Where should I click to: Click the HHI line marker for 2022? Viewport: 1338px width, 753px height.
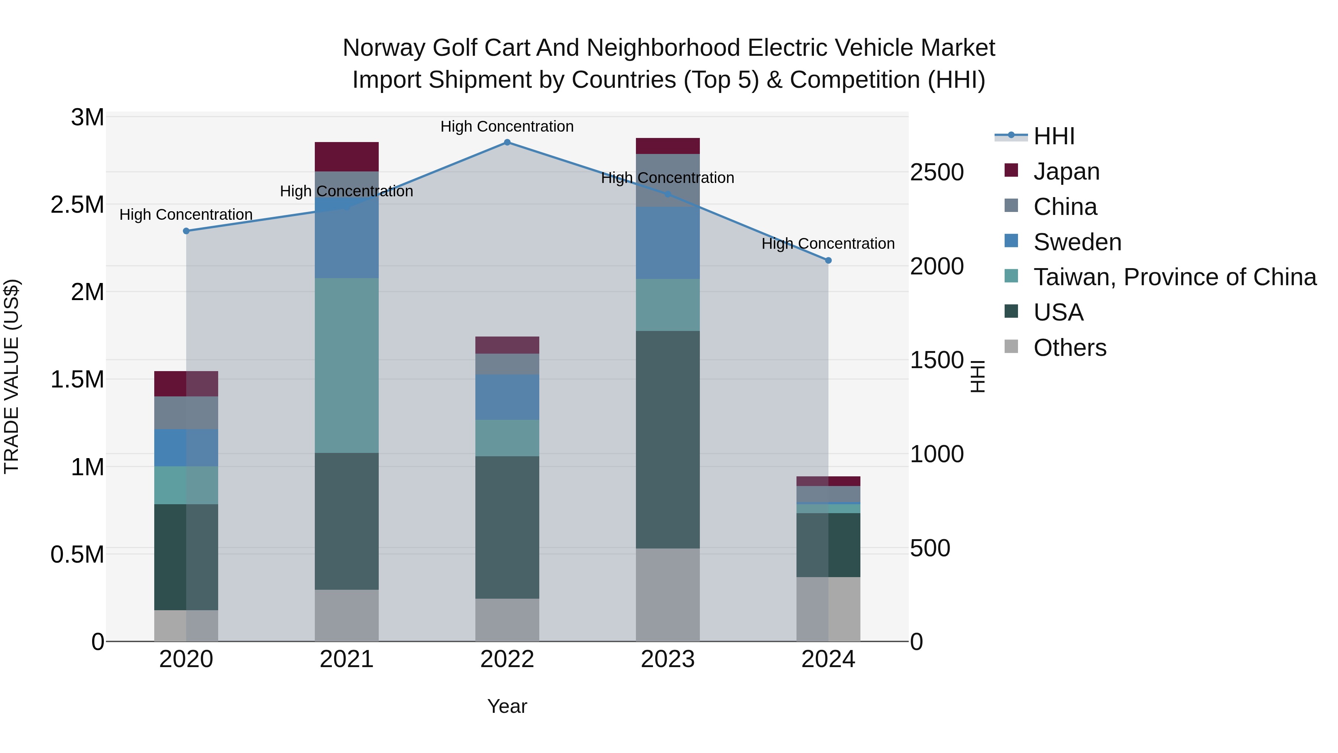(x=507, y=142)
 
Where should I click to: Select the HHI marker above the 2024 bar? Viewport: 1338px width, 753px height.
(x=828, y=260)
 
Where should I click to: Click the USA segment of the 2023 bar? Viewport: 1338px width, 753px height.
(x=668, y=439)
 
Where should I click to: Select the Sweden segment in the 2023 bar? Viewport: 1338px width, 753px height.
(x=668, y=243)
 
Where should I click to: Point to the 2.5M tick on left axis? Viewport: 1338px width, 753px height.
(x=77, y=205)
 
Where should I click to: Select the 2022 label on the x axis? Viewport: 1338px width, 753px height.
(x=507, y=659)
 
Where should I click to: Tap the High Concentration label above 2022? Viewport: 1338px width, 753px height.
(x=507, y=126)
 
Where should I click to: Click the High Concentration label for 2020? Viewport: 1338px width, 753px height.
(x=186, y=215)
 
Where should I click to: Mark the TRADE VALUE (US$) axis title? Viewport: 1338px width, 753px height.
(x=12, y=376)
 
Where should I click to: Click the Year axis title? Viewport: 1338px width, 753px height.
(x=507, y=706)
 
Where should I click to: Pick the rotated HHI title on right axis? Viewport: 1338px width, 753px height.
(x=977, y=376)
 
